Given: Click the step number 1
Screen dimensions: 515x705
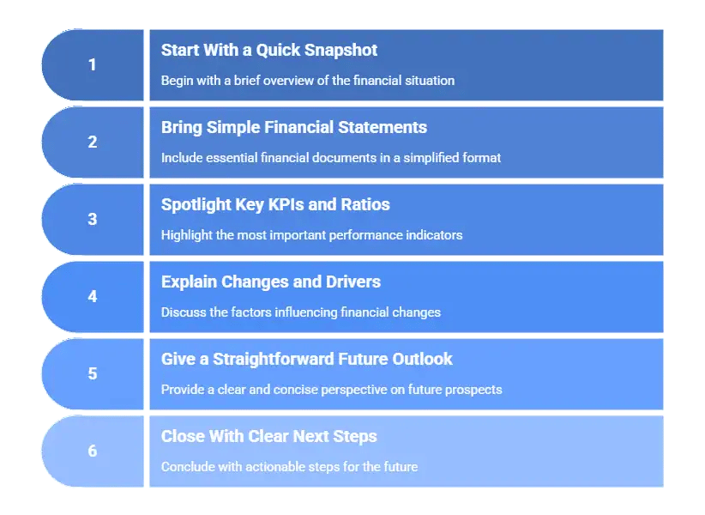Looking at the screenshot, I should [93, 65].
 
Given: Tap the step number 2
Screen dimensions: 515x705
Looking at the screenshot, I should [93, 142].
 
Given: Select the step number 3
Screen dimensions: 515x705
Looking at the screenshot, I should [93, 220].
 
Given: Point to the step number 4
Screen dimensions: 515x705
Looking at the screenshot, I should [93, 297].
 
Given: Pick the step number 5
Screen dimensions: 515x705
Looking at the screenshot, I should [93, 374].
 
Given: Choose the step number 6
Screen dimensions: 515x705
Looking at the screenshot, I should [93, 451].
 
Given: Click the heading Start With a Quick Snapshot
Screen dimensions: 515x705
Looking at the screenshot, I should [269, 51].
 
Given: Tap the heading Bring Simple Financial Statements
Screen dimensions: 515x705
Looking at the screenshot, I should [294, 128].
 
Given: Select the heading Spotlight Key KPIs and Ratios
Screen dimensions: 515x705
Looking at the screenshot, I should [275, 205].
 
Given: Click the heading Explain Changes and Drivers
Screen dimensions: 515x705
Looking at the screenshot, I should [271, 282].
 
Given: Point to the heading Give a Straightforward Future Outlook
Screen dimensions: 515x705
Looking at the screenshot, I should [307, 360].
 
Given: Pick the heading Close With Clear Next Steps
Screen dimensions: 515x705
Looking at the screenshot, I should [269, 437].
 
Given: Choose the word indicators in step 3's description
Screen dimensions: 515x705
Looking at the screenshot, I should [432, 235].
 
